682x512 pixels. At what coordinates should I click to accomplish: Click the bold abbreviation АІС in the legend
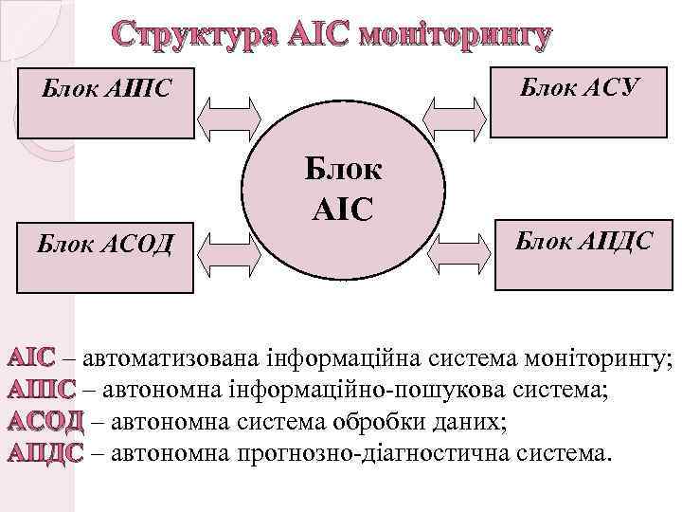click(x=31, y=360)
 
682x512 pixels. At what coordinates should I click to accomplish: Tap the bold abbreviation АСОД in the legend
click(x=46, y=421)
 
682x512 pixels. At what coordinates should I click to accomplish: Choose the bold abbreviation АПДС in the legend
click(x=46, y=451)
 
